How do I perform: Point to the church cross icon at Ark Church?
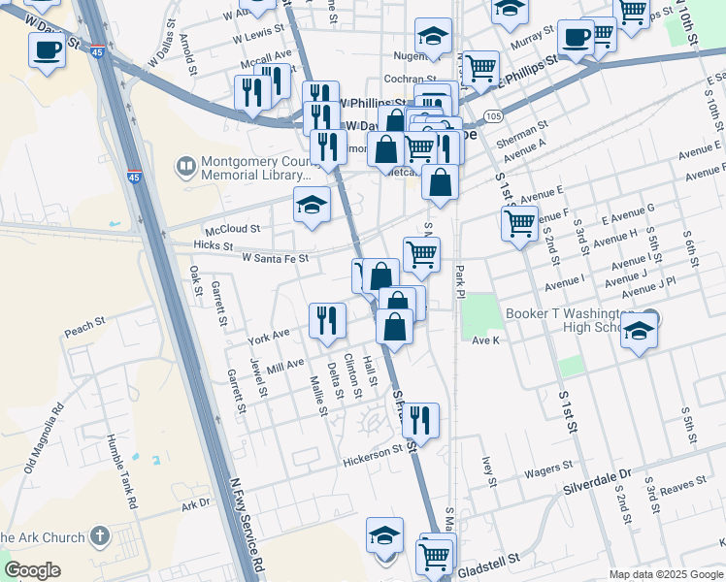point(99,536)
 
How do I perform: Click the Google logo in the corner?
point(32,570)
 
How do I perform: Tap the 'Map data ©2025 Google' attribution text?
point(665,574)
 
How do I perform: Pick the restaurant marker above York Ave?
point(327,320)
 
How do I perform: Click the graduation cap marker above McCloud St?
point(313,205)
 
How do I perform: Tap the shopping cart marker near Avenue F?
point(519,223)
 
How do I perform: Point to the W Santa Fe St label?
point(275,259)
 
